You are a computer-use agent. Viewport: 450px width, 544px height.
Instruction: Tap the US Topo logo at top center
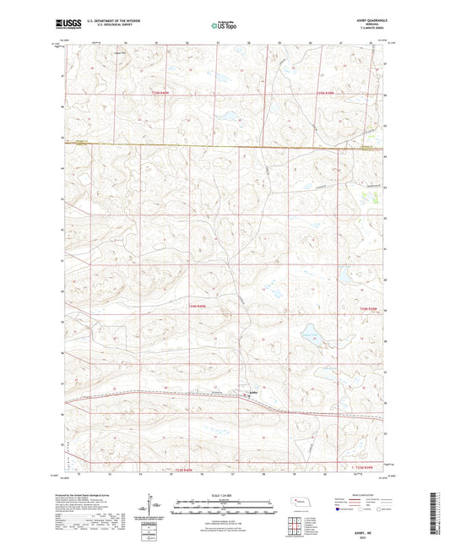224,26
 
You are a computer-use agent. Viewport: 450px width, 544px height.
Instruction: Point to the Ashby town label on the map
252,391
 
